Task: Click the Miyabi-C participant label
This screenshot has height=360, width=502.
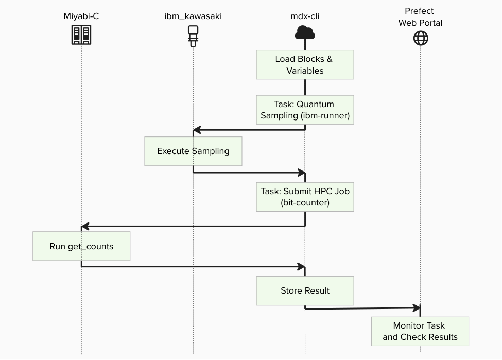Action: click(x=81, y=16)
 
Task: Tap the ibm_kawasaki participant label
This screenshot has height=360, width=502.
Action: click(x=193, y=16)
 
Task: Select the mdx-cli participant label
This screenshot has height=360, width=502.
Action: click(x=305, y=16)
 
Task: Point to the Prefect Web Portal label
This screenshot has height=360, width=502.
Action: click(x=420, y=17)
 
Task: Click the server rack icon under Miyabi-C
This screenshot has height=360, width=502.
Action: click(x=81, y=35)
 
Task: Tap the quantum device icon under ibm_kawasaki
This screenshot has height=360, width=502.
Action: click(x=193, y=36)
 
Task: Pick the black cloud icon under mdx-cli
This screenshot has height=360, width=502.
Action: click(x=305, y=33)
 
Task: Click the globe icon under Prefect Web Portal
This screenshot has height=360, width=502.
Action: click(x=421, y=38)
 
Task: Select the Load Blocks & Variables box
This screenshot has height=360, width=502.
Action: click(x=305, y=65)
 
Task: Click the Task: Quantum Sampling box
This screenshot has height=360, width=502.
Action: click(x=305, y=110)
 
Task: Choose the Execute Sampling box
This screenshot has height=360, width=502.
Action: click(x=193, y=151)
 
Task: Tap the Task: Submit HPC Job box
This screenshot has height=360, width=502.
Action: click(x=305, y=197)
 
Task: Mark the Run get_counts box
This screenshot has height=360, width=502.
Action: click(x=81, y=246)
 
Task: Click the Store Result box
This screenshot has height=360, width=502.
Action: click(x=305, y=290)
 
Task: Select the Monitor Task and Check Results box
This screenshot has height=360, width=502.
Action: click(x=420, y=331)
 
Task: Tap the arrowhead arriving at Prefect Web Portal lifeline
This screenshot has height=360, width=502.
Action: click(x=417, y=308)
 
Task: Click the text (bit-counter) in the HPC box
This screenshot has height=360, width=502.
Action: click(x=305, y=202)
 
